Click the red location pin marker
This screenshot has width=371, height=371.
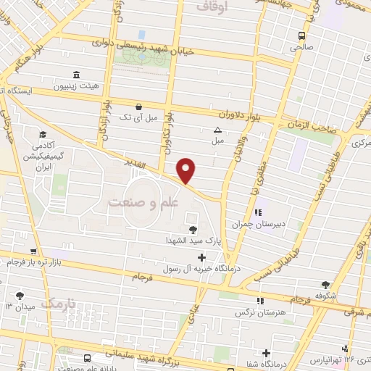186,171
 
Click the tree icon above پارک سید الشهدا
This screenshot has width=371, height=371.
192,229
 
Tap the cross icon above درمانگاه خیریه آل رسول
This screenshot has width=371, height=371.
201,257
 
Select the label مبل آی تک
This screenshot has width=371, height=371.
137,116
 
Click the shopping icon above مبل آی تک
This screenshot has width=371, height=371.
138,106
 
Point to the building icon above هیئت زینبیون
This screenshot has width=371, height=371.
77,75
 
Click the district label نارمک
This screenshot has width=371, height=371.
57,301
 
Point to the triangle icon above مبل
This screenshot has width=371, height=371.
218,130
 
